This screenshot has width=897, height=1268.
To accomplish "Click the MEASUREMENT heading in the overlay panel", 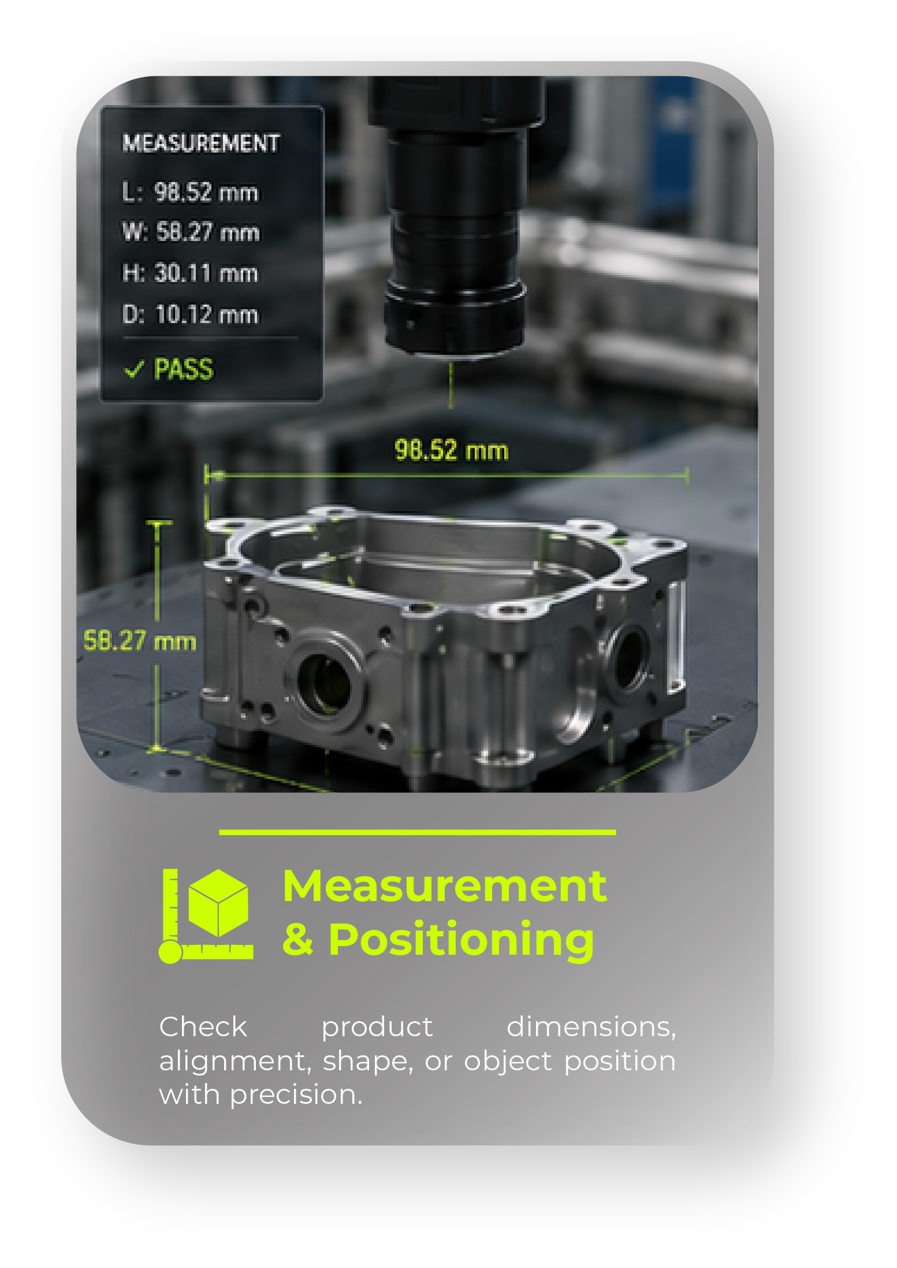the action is [x=201, y=143].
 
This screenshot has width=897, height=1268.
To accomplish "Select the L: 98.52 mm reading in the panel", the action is [x=190, y=192].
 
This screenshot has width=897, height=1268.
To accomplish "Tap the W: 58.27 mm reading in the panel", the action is [x=191, y=232].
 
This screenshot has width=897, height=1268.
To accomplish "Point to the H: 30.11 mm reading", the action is [x=190, y=273].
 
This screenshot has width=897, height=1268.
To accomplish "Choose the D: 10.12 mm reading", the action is [x=190, y=314].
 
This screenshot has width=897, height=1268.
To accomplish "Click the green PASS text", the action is [x=183, y=369].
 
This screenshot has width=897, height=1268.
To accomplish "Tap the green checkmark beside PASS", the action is [x=134, y=369].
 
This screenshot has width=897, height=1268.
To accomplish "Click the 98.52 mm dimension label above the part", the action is [x=451, y=450].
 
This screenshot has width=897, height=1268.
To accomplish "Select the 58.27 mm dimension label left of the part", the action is [x=140, y=641].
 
